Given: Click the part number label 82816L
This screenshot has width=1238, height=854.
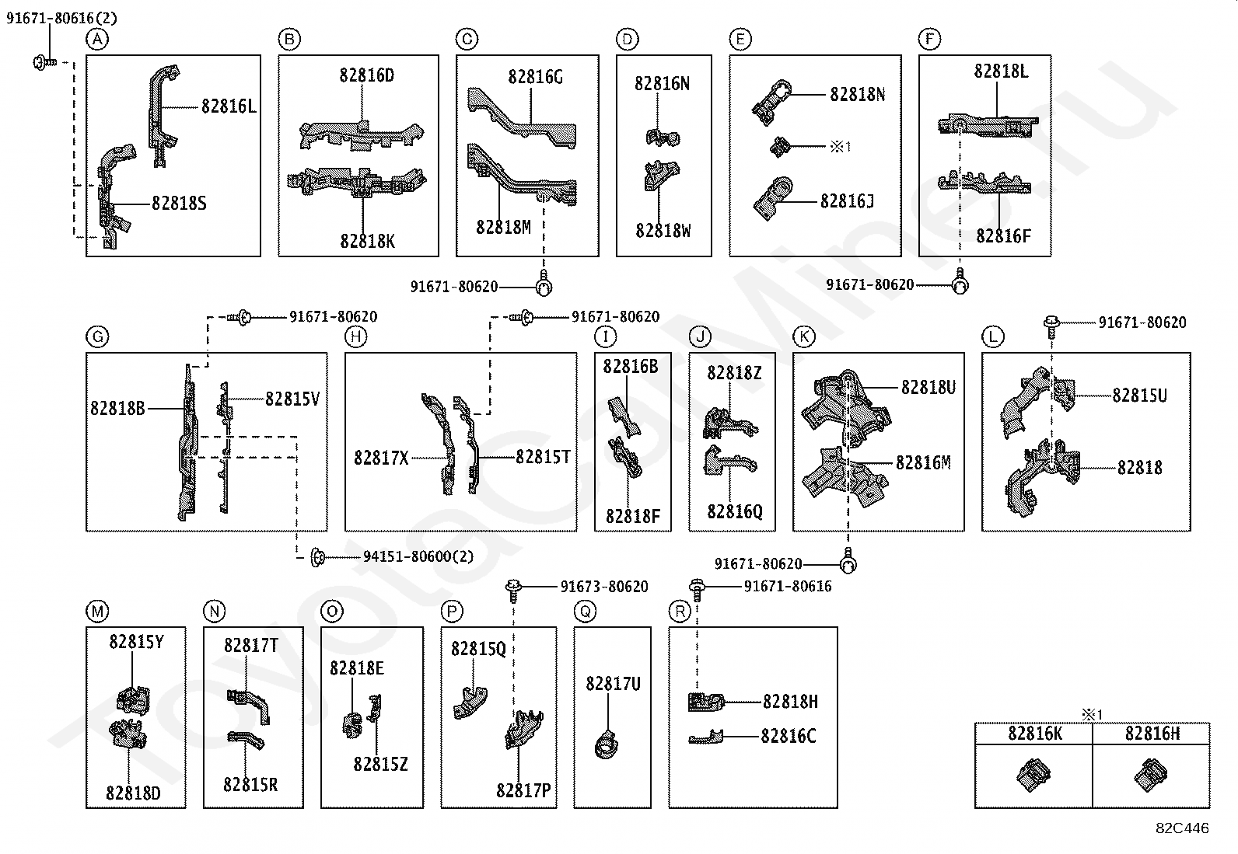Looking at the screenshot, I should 229,106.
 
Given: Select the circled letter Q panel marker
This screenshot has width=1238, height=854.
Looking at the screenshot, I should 585,612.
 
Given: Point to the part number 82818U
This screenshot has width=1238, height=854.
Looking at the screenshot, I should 928,387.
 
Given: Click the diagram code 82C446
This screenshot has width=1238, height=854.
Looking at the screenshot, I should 1182,828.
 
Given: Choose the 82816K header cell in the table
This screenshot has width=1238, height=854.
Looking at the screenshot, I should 1035,733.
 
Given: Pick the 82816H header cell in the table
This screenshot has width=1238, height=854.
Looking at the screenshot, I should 1152,733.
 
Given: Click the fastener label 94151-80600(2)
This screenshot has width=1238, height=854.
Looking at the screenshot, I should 418,556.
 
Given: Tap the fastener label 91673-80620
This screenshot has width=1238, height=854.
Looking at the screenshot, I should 604,587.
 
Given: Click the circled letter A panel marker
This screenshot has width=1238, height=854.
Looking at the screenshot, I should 97,39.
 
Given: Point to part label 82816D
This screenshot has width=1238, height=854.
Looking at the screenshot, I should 366,75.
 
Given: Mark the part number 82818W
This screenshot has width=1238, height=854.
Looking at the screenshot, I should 663,231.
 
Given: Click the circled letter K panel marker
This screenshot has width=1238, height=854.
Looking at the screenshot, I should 803,336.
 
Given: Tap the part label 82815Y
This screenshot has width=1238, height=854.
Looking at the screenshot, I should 136,642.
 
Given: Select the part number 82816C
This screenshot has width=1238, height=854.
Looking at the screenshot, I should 789,736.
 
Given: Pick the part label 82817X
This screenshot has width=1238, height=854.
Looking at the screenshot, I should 381,458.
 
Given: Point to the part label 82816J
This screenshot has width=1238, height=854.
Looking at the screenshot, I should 847,201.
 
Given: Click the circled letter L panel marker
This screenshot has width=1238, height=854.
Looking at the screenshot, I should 992,336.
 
